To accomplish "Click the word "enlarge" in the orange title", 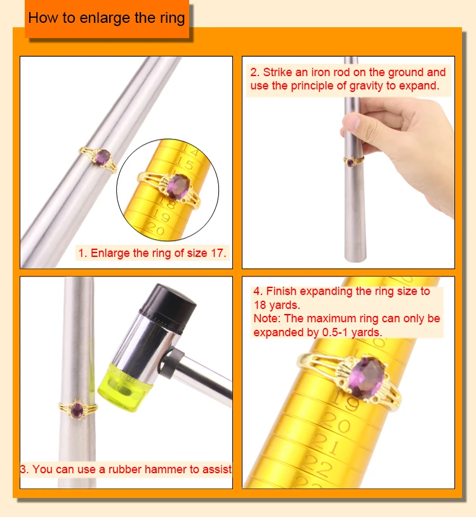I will [106, 17].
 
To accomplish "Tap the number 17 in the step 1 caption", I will [218, 252].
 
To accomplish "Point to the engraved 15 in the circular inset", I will [185, 164].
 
